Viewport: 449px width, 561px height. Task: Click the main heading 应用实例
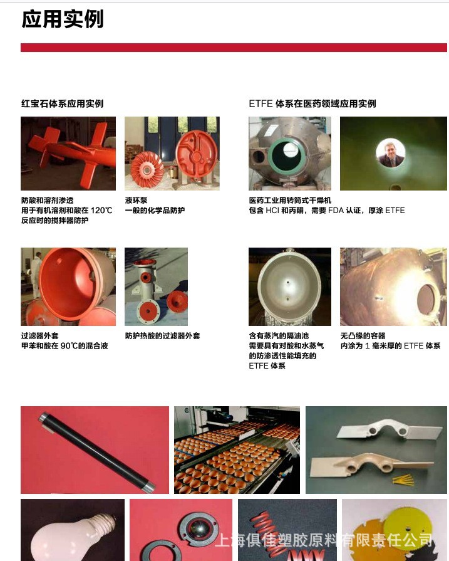click(62, 19)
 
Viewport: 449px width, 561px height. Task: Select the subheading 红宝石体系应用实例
click(62, 103)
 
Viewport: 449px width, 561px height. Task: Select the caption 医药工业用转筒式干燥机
click(290, 201)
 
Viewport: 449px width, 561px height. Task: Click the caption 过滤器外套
click(39, 336)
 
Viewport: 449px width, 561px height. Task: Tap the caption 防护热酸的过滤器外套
click(162, 336)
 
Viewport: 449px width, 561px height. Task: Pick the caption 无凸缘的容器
click(363, 336)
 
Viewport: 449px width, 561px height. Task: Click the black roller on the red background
click(94, 451)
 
